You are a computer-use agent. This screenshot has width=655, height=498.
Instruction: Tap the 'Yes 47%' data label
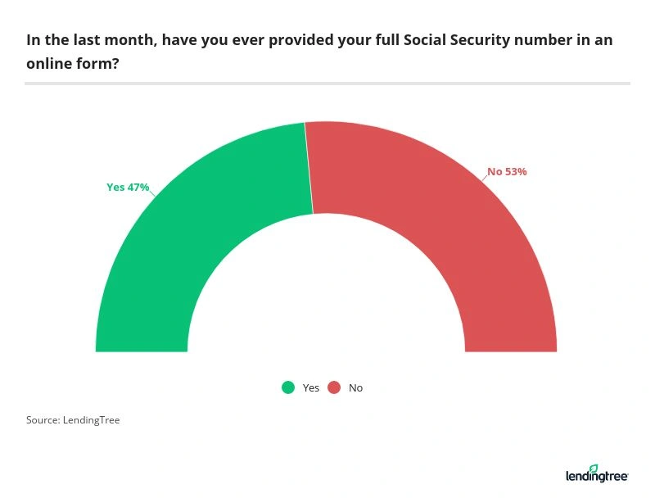click(x=128, y=187)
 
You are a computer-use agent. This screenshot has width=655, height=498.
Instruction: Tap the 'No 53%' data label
click(x=507, y=172)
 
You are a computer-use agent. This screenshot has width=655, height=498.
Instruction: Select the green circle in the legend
click(x=288, y=387)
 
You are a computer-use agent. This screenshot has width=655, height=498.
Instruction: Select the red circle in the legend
click(x=334, y=387)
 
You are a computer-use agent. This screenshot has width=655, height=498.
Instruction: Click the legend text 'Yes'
click(x=311, y=388)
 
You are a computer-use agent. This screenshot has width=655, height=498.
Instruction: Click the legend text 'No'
click(x=355, y=388)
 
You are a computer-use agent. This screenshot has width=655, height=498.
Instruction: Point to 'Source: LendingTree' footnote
click(x=73, y=420)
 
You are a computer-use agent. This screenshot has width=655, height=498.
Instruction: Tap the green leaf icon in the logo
click(x=594, y=468)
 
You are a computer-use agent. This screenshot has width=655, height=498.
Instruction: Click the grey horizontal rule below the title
click(x=327, y=83)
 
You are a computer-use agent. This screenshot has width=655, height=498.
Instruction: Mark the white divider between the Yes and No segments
click(x=309, y=168)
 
